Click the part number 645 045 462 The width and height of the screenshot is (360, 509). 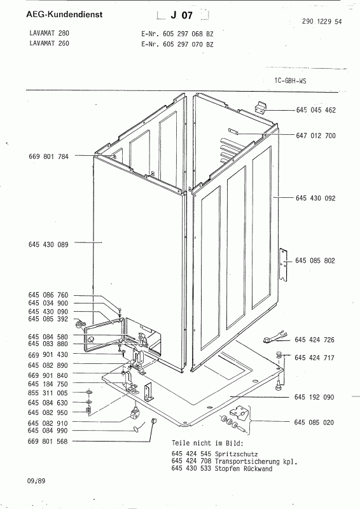(316, 110)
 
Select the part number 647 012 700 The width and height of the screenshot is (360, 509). (316, 136)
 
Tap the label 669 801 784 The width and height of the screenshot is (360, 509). (49, 157)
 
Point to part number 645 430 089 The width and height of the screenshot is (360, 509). (48, 245)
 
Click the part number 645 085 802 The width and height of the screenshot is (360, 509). (315, 261)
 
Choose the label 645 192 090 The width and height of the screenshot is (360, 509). (314, 397)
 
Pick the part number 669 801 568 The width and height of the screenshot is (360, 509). (48, 442)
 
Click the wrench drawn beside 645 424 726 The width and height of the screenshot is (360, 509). (275, 337)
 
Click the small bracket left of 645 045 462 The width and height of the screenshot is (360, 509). (260, 106)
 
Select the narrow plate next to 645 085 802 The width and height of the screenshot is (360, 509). (284, 265)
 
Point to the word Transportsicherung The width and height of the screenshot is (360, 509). (247, 461)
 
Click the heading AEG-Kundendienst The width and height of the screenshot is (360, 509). (64, 15)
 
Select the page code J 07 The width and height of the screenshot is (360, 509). (182, 15)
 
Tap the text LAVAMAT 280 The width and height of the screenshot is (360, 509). (50, 33)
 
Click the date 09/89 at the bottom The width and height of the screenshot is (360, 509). (37, 481)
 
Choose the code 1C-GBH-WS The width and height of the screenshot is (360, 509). (290, 81)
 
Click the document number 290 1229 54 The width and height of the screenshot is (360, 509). (322, 22)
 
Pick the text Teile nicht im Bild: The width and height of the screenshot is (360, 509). (207, 443)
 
